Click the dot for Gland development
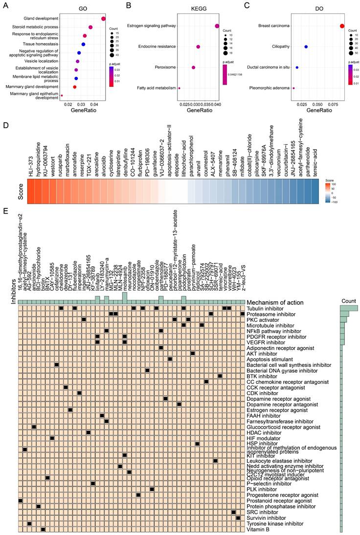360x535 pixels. [104, 19]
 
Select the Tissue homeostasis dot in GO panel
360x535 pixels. [84, 44]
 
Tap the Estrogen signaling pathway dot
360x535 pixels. [217, 26]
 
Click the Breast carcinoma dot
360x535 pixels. [342, 26]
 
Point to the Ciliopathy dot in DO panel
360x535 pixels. [306, 47]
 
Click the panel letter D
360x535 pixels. [5, 126]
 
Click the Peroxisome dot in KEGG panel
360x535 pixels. [194, 67]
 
